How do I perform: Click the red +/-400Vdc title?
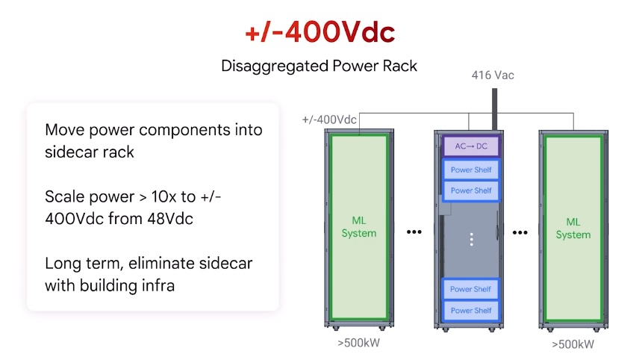click(320, 32)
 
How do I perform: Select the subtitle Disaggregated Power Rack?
click(320, 66)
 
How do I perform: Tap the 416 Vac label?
click(493, 75)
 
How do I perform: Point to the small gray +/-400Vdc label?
click(329, 120)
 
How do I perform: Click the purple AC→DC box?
click(471, 146)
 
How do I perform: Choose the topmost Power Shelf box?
click(471, 170)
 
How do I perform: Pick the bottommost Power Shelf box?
click(471, 310)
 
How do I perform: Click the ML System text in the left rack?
click(358, 227)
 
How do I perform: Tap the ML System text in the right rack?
click(573, 229)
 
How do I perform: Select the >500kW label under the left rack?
click(359, 343)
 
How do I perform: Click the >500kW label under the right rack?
click(573, 344)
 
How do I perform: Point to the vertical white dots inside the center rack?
click(471, 239)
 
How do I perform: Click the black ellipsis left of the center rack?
click(414, 232)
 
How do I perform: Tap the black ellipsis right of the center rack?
click(521, 232)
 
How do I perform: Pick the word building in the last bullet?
click(107, 285)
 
